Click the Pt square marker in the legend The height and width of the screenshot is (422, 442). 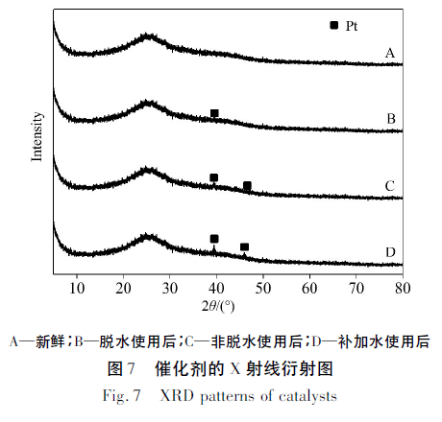point(333,25)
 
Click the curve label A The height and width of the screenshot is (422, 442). point(390,53)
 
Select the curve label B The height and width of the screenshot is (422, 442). point(391,119)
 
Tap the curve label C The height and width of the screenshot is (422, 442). point(390,186)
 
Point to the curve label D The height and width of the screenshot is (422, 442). point(390,252)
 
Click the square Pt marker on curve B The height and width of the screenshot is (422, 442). point(214,113)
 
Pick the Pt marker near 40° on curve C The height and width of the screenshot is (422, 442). point(213,177)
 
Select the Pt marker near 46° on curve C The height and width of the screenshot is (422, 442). point(247,185)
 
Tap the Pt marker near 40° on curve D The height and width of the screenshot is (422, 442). point(214,239)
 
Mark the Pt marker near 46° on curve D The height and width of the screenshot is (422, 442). point(244,246)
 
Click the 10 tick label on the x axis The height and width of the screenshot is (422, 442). point(77,289)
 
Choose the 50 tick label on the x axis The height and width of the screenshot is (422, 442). point(263,289)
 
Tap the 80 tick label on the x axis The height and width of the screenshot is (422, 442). point(403,289)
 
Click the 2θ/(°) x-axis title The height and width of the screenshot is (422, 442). point(218,306)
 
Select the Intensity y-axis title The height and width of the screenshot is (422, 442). point(37,136)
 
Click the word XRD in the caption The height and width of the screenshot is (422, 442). point(177,396)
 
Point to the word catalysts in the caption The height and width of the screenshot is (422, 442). point(307,396)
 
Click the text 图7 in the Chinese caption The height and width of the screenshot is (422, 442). point(121,368)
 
